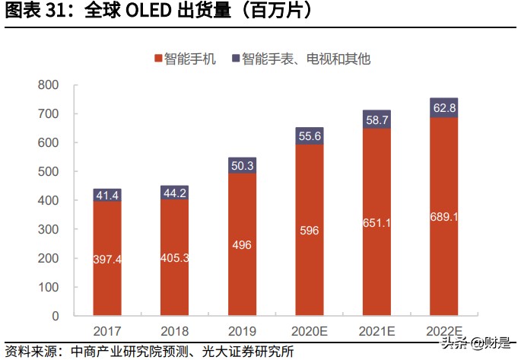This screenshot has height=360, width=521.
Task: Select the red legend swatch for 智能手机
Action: point(158,59)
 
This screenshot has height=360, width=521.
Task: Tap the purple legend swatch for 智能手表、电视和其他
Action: point(236,59)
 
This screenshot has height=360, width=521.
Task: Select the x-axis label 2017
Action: point(108,331)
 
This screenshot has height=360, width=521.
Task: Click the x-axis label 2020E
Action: point(310,331)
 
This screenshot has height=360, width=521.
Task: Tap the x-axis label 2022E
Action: point(443,331)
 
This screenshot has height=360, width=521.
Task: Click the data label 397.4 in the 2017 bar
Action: point(108,260)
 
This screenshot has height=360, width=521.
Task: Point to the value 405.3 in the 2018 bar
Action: point(175,258)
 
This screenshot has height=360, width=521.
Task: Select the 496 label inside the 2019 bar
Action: point(242,245)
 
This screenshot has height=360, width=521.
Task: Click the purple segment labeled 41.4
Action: point(108,196)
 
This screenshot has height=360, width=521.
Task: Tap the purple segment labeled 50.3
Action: point(242,165)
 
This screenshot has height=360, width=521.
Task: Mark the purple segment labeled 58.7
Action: point(376,119)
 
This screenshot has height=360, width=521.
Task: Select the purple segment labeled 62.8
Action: point(443,107)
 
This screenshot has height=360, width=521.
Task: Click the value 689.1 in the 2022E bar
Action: point(443,217)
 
